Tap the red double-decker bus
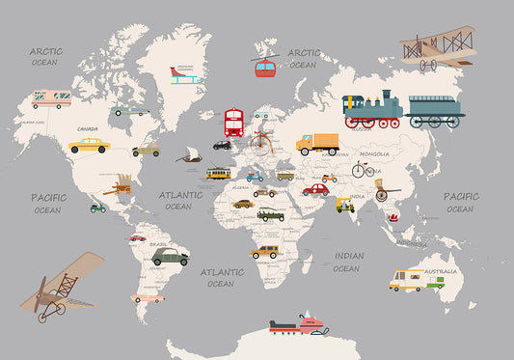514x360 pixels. point(233,123)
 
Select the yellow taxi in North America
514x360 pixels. point(89,146)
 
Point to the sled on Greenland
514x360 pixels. point(184,76)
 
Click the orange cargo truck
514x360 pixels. point(317,144)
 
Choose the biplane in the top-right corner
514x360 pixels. point(438,46)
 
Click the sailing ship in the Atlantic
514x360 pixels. point(190,154)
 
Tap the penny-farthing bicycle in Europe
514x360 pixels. point(258,144)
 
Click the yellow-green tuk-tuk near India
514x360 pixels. point(344,205)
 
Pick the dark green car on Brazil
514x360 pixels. point(170,256)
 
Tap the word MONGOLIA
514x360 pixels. point(374,153)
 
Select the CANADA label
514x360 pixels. point(88,128)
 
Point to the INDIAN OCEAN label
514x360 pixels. point(347,262)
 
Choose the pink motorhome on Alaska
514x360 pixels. point(51,97)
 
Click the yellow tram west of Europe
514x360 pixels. point(218,173)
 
